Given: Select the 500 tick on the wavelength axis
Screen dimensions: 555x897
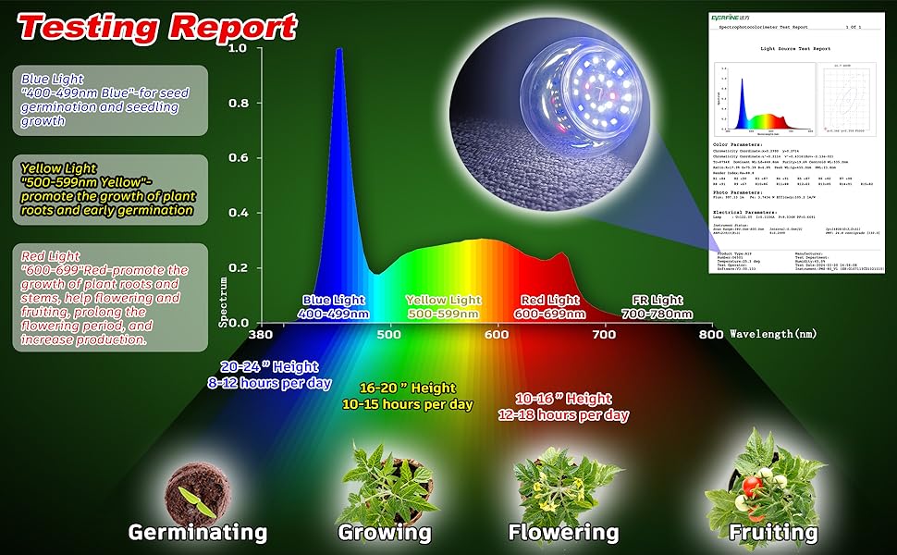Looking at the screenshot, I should pos(389,334).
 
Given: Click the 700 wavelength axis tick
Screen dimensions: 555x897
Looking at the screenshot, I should pos(604,334).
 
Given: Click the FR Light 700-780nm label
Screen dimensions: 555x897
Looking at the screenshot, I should pos(657,307).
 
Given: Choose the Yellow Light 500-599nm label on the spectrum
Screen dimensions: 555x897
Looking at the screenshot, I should pos(444,307).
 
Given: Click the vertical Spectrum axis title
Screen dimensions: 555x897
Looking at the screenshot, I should pos(223,301).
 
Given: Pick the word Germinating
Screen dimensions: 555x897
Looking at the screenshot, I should pos(197,532).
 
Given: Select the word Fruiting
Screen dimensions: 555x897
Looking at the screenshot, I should pos(773,532).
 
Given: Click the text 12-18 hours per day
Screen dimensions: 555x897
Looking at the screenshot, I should pos(564,415).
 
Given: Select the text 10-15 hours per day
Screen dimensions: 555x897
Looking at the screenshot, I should pos(408,404).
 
